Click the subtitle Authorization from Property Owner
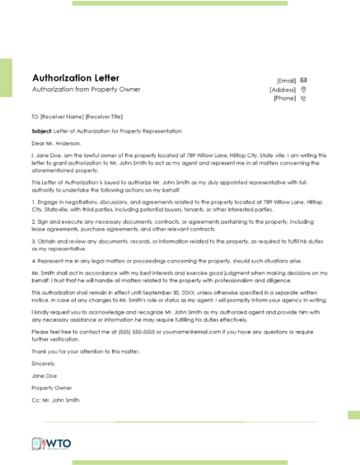tap(86, 89)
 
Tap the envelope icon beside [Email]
tap(304, 80)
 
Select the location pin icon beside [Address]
tap(304, 89)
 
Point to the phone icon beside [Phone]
tap(304, 98)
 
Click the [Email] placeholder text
tap(287, 80)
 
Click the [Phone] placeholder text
tap(285, 98)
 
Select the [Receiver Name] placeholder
tap(60, 117)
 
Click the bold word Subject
tap(42, 130)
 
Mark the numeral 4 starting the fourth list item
tap(33, 261)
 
